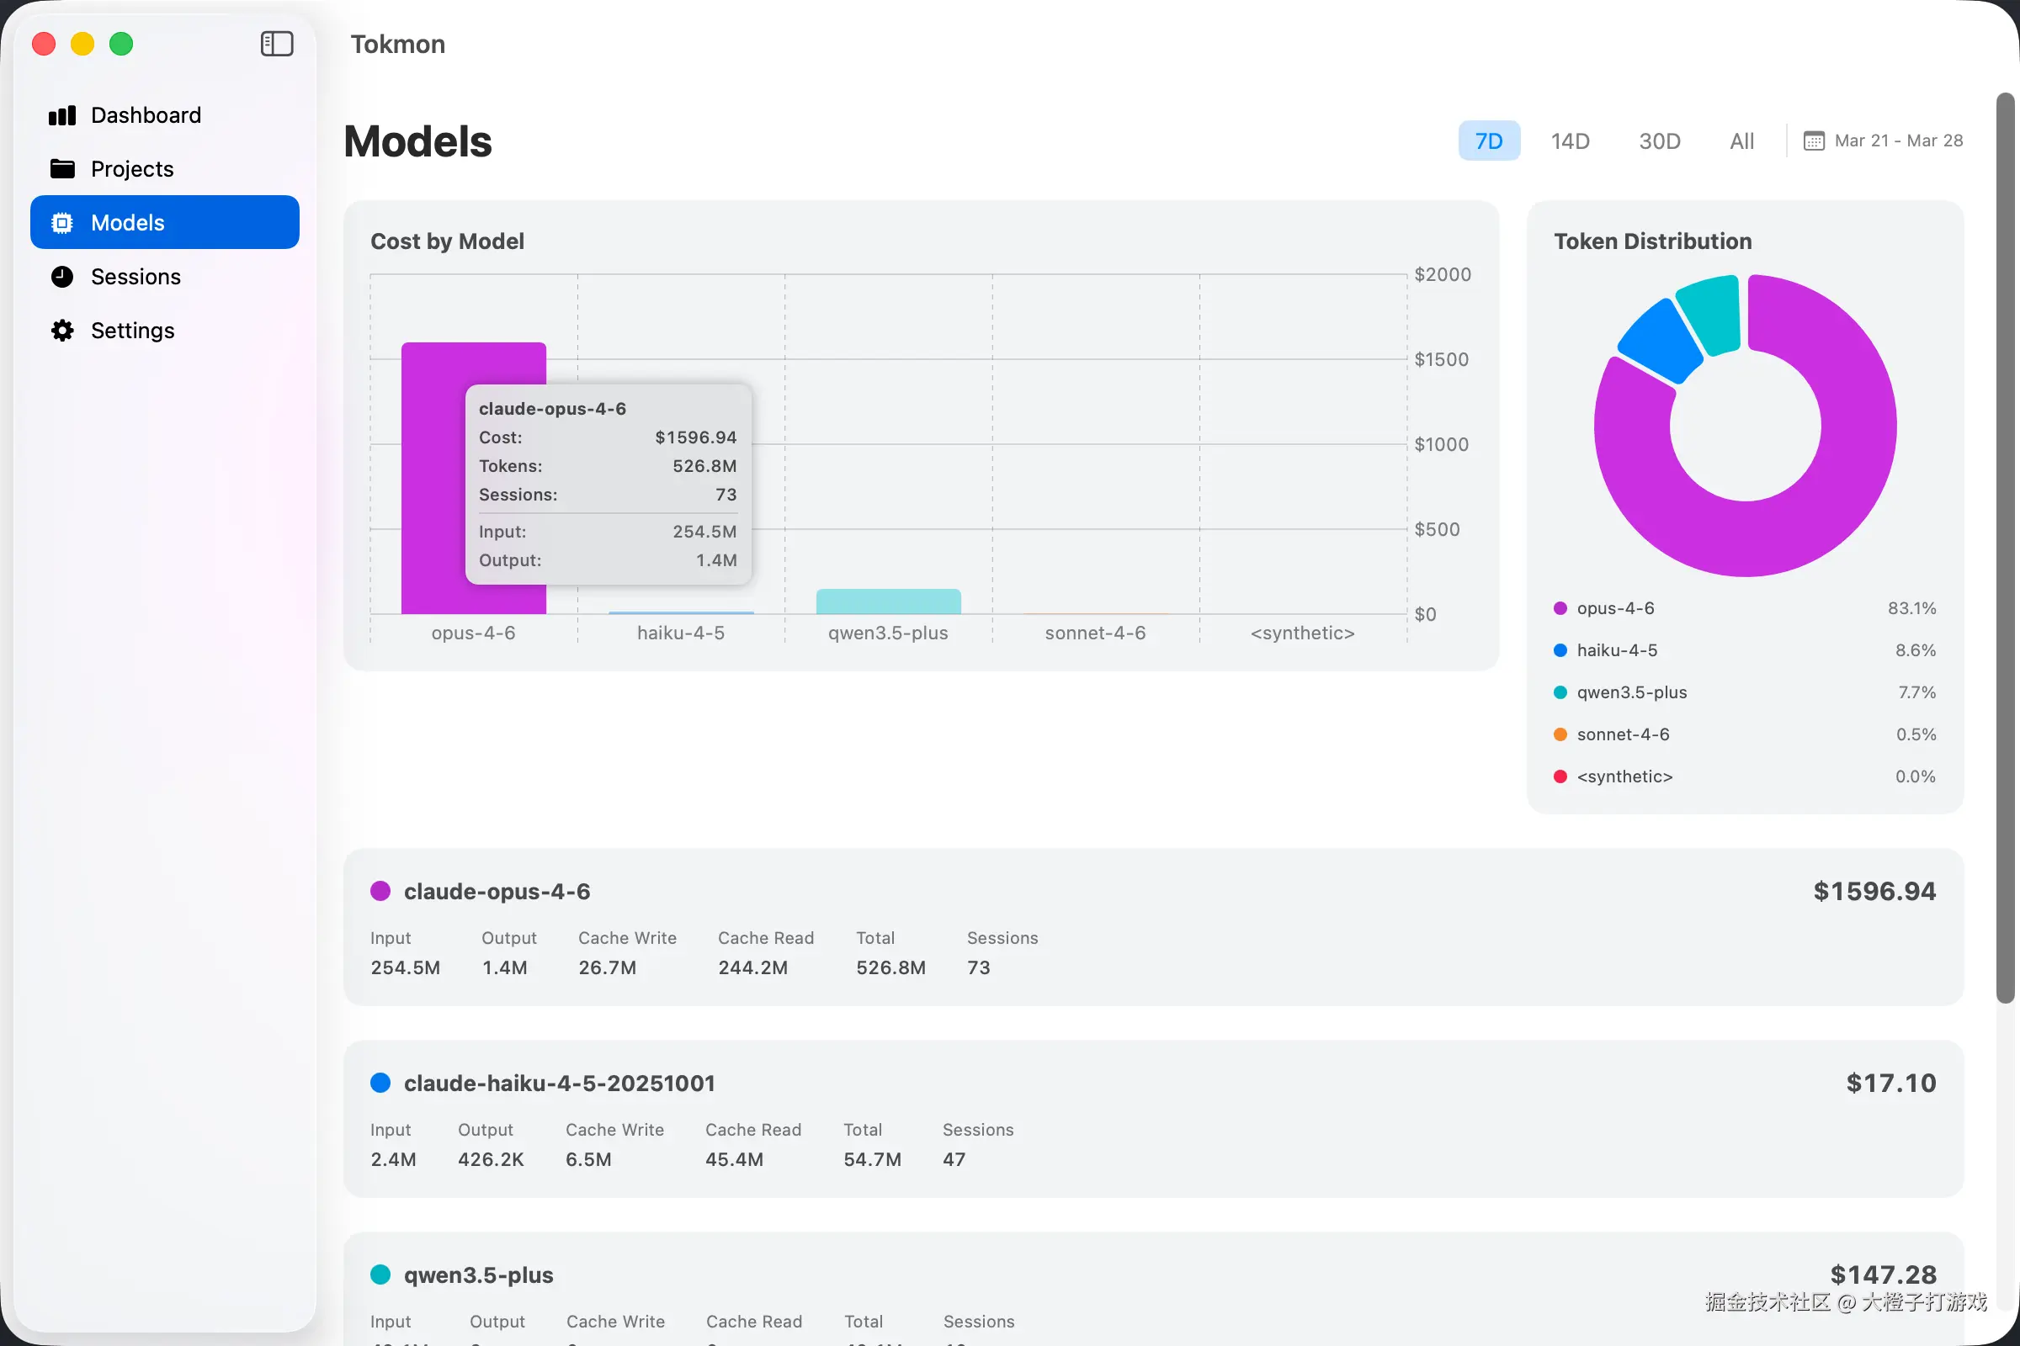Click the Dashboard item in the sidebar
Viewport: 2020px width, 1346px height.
tap(145, 115)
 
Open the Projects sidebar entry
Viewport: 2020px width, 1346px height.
tap(131, 169)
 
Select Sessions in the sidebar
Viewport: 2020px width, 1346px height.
tap(135, 277)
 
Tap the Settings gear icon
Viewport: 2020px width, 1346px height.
tap(62, 331)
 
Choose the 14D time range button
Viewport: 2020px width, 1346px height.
tap(1570, 140)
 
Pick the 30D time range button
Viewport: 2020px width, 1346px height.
tap(1659, 140)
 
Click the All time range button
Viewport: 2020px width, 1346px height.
tap(1741, 140)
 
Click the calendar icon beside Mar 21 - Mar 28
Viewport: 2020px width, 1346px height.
tap(1813, 140)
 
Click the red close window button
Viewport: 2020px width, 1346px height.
tap(44, 44)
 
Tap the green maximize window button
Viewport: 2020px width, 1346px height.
tap(121, 44)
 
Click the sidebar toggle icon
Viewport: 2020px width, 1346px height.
tap(277, 44)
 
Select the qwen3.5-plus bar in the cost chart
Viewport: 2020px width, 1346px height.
tap(888, 601)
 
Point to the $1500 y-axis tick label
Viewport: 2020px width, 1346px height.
tap(1441, 360)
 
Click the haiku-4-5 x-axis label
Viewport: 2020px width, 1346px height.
tap(680, 633)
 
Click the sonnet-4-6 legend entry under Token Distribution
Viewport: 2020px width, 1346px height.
tap(1623, 734)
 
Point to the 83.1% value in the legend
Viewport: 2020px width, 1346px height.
tap(1911, 608)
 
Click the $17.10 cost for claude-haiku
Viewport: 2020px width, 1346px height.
tap(1891, 1084)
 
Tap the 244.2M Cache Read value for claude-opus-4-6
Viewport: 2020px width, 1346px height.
tap(752, 968)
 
